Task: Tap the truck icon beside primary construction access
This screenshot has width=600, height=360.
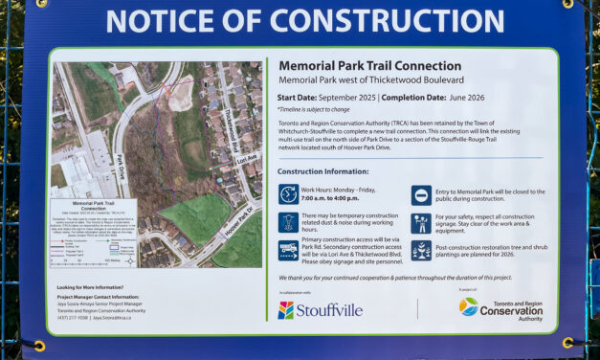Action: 288,251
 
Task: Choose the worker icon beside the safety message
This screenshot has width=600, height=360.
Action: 420,222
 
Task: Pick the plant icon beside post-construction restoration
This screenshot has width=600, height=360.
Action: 420,251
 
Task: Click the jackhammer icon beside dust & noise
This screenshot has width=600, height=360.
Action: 288,222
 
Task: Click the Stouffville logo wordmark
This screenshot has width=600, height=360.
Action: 320,310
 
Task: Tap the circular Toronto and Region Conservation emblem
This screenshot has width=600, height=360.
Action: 468,305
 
